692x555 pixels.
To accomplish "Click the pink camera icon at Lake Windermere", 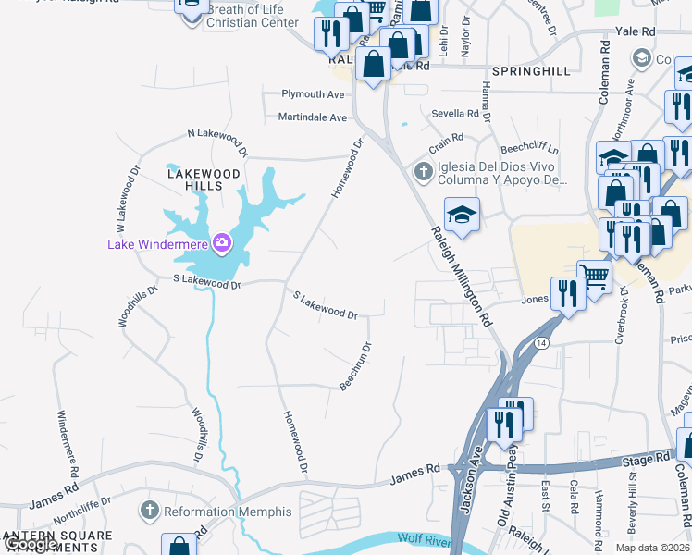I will [x=222, y=243].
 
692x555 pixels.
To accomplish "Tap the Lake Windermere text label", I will [x=158, y=244].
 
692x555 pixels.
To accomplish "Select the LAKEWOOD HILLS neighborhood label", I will [x=204, y=179].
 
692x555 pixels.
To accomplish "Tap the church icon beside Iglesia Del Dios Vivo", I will [x=423, y=170].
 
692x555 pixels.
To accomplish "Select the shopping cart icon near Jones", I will [x=594, y=275].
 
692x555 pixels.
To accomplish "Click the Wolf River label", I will [x=426, y=538].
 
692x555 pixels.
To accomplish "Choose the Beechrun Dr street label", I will [x=355, y=367].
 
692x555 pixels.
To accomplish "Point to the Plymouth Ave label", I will [x=314, y=94].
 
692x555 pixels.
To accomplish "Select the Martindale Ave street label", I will [x=312, y=117].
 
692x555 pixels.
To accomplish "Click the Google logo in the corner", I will [x=31, y=545].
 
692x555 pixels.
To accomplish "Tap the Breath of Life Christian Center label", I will [x=253, y=16].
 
